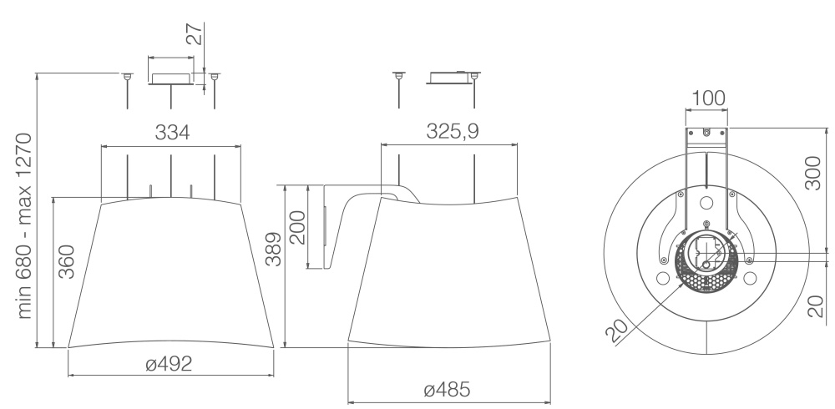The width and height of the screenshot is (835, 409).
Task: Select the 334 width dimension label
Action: (x=172, y=133)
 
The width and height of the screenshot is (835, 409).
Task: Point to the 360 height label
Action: (x=66, y=261)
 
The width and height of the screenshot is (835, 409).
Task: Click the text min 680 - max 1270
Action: (x=24, y=226)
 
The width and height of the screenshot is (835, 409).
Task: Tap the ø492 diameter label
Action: (x=169, y=364)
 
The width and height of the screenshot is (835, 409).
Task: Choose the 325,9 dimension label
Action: (x=452, y=131)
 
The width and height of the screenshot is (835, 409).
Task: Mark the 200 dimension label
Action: (x=297, y=227)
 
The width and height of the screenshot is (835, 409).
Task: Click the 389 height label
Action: (x=273, y=250)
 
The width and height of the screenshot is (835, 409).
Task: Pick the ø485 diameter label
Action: (x=448, y=390)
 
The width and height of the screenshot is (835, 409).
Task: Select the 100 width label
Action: (x=708, y=98)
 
